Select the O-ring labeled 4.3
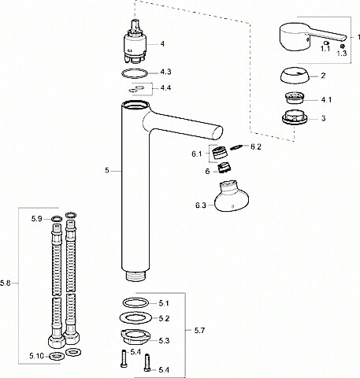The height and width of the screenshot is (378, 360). pyautogui.click(x=135, y=69)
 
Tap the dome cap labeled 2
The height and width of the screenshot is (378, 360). pyautogui.click(x=295, y=76)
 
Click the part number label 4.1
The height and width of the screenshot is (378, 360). pyautogui.click(x=326, y=100)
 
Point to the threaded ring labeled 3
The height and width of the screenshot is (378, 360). pyautogui.click(x=295, y=117)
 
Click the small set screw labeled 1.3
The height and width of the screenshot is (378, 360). pyautogui.click(x=343, y=46)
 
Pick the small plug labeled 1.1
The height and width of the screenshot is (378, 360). pyautogui.click(x=326, y=43)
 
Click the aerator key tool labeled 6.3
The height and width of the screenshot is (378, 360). pyautogui.click(x=231, y=197)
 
